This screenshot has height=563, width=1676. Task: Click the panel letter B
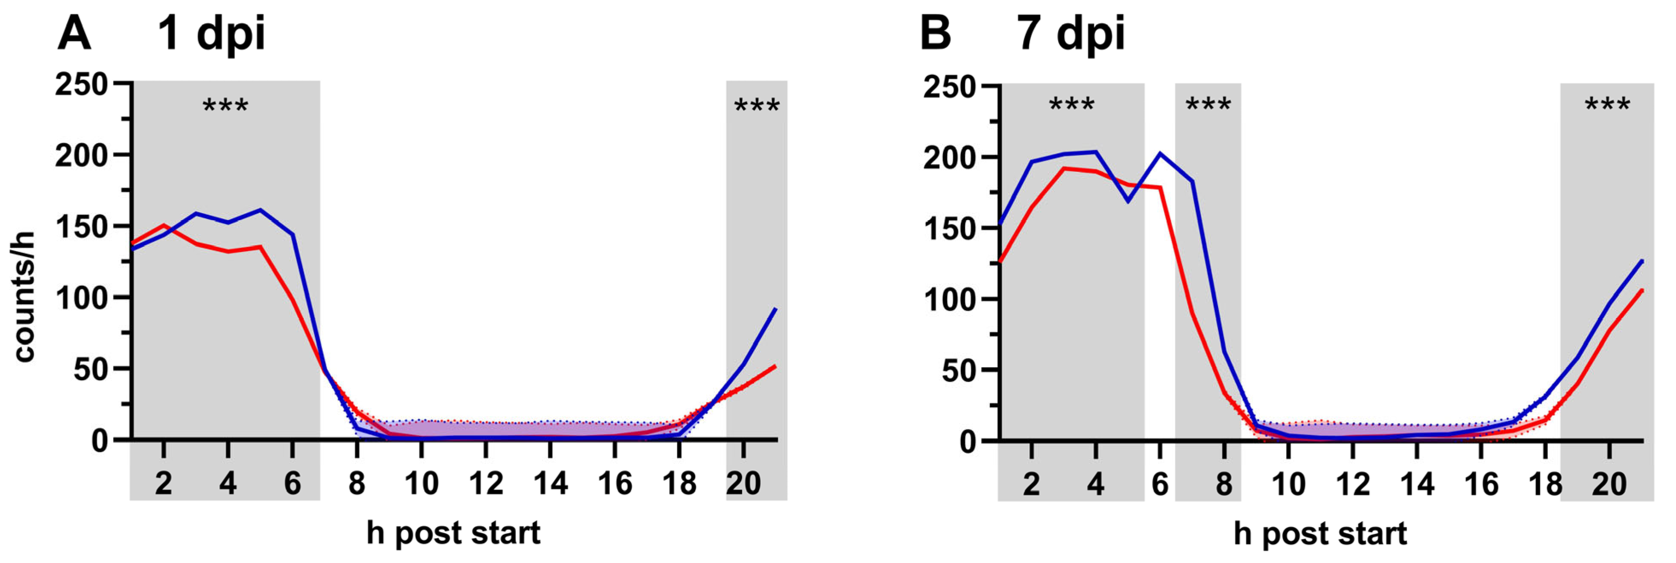point(935,34)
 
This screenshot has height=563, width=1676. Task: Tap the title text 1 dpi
point(211,34)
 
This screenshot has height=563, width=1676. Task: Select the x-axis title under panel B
point(1320,533)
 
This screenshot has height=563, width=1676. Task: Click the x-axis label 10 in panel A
point(421,484)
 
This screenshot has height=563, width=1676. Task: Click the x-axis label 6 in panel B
point(1159,484)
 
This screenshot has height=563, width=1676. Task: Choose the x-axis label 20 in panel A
point(743,484)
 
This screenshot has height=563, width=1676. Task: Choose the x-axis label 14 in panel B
point(1416,484)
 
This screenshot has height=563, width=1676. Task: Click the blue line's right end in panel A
point(775,310)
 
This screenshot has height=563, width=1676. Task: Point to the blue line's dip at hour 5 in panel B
point(1128,201)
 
